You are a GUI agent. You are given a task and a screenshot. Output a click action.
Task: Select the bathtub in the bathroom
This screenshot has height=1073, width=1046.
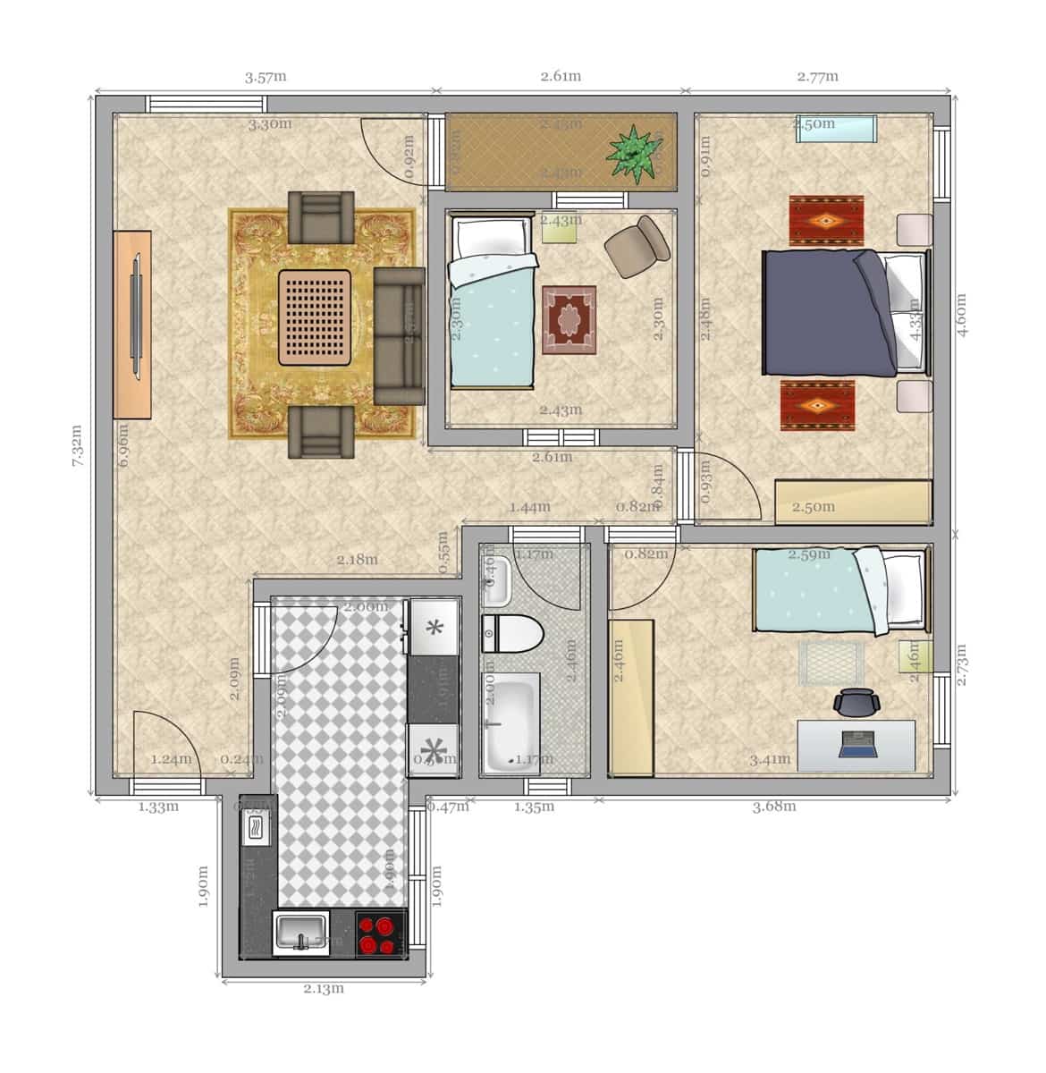coord(510,722)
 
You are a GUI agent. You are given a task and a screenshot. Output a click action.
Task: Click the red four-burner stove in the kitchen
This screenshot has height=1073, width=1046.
coord(381,934)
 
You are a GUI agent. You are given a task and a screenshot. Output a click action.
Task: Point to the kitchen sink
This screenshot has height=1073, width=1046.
coord(301,934)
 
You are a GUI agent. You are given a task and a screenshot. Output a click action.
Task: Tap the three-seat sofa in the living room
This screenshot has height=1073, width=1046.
coord(399,335)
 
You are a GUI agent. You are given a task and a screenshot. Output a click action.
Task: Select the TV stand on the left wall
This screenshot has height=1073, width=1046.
coord(132,323)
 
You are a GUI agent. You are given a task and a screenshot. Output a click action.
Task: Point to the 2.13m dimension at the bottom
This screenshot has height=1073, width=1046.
coord(323,988)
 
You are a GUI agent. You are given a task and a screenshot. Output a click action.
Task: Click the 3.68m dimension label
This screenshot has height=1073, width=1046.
coord(773,806)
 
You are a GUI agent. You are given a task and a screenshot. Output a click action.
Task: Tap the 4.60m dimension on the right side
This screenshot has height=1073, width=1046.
coord(962,315)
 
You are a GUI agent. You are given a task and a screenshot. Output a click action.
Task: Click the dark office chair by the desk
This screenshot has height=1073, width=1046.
coord(856,703)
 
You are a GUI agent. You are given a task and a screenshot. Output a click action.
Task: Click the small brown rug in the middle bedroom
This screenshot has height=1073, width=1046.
coord(569,317)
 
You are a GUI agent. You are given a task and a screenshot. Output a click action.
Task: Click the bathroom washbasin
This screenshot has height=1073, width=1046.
coord(496,581)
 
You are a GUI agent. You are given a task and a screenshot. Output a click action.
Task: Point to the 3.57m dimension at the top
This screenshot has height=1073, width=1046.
coord(266,77)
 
